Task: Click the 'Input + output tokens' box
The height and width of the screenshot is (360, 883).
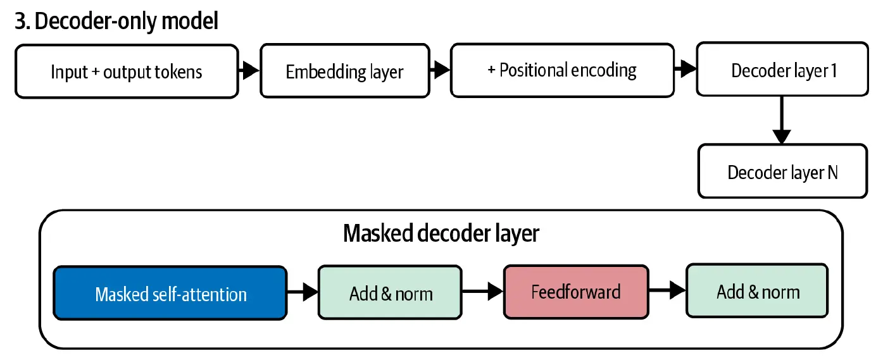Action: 127,71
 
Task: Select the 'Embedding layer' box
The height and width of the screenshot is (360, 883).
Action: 345,71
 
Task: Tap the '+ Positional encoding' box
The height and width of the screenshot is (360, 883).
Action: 562,70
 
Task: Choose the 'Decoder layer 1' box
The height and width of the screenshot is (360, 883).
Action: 782,70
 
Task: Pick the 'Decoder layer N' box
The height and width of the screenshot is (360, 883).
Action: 783,171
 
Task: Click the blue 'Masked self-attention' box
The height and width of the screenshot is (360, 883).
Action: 170,293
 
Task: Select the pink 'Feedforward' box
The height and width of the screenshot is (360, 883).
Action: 576,292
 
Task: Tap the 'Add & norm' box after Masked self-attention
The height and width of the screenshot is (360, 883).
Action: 391,293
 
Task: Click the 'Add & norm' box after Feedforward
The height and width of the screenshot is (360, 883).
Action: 757,290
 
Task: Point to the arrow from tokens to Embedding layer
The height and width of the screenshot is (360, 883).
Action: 249,70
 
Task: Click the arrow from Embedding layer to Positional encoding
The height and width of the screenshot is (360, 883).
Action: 440,70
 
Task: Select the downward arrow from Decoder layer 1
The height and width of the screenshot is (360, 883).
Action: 782,120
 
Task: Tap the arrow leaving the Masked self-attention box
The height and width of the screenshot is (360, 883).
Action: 303,292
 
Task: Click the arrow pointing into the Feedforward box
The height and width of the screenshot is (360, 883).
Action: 483,292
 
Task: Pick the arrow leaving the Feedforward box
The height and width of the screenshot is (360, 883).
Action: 667,290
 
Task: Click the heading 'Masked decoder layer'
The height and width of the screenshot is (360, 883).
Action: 441,233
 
